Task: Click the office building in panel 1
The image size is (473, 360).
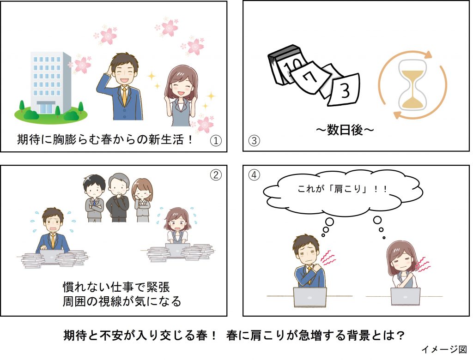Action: [51, 83]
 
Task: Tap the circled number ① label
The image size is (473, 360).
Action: [216, 140]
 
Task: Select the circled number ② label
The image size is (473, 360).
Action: [216, 175]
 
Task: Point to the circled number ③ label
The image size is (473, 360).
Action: [254, 140]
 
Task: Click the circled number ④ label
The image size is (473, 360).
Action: [254, 175]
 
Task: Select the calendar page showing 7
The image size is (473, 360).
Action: [309, 77]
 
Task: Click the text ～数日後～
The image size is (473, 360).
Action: [345, 130]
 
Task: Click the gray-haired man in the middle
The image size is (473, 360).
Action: [118, 198]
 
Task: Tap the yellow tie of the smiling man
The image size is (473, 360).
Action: [124, 96]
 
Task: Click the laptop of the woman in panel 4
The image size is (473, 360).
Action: [406, 296]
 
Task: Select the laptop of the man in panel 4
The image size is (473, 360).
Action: [310, 297]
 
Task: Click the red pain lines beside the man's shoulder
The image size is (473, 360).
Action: [327, 259]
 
